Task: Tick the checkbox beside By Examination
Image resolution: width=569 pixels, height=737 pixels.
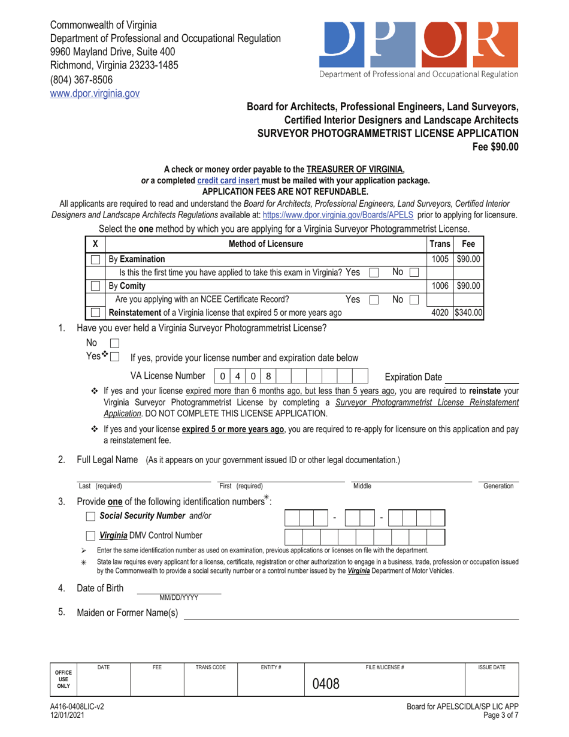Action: pyautogui.click(x=95, y=259)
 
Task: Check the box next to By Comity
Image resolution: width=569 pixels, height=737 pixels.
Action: pyautogui.click(x=95, y=286)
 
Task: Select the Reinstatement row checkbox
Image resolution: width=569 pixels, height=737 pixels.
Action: pyautogui.click(x=95, y=312)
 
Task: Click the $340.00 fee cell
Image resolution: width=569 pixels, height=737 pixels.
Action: pyautogui.click(x=468, y=312)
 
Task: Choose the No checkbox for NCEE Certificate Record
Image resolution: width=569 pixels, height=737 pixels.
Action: pyautogui.click(x=414, y=299)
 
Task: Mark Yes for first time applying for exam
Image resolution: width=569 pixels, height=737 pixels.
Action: pyautogui.click(x=374, y=273)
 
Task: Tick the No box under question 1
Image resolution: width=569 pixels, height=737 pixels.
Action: pyautogui.click(x=116, y=344)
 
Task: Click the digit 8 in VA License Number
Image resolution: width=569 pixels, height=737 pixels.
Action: pyautogui.click(x=268, y=376)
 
